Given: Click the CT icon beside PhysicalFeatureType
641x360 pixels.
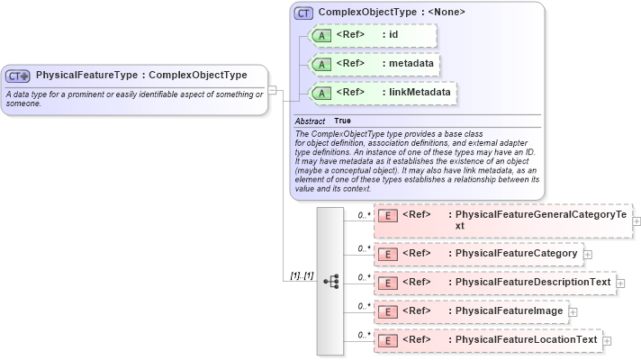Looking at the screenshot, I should (x=19, y=76).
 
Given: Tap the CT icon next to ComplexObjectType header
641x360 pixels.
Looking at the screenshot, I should (x=304, y=13).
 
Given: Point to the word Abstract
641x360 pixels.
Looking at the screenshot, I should (x=310, y=121).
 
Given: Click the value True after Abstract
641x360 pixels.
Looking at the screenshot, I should (x=343, y=121).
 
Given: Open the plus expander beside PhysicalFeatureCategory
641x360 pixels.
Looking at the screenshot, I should (x=588, y=255).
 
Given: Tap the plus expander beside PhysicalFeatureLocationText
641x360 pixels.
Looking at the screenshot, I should (x=607, y=341).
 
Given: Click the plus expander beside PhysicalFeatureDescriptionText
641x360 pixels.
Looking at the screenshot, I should (x=620, y=283).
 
